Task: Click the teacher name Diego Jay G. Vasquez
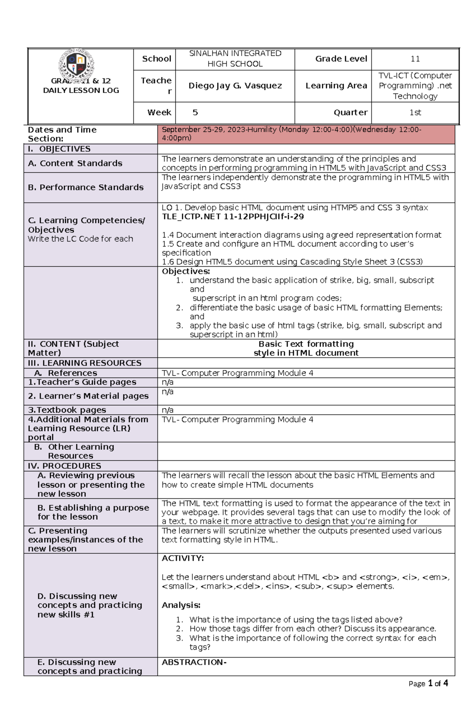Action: pyautogui.click(x=235, y=86)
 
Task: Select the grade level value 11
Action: pyautogui.click(x=415, y=59)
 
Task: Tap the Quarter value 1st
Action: pyautogui.click(x=415, y=113)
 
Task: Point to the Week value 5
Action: pyautogui.click(x=195, y=113)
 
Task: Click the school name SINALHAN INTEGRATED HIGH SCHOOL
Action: pyautogui.click(x=235, y=59)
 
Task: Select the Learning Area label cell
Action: pyautogui.click(x=336, y=86)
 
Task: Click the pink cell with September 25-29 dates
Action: pyautogui.click(x=305, y=134)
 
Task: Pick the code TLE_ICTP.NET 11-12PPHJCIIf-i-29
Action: pyautogui.click(x=233, y=217)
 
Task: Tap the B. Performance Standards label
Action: pyautogui.click(x=86, y=187)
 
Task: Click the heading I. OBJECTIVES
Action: pyautogui.click(x=59, y=149)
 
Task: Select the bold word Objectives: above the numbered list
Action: pyautogui.click(x=186, y=271)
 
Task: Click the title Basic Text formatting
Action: pyautogui.click(x=306, y=344)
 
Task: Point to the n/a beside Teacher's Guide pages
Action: pyautogui.click(x=167, y=382)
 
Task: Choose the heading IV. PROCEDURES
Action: pyautogui.click(x=64, y=466)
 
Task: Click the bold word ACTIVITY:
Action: pyautogui.click(x=182, y=558)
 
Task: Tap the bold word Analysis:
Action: pyautogui.click(x=181, y=605)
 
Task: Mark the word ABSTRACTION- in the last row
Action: pyautogui.click(x=194, y=662)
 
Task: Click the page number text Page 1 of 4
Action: pyautogui.click(x=428, y=683)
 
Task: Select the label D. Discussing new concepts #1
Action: pyautogui.click(x=90, y=605)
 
